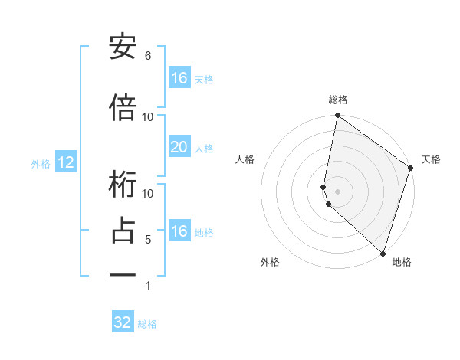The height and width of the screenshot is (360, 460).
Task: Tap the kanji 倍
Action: [123, 108]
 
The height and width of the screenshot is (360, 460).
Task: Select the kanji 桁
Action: [123, 185]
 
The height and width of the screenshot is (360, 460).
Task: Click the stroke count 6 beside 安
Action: [148, 56]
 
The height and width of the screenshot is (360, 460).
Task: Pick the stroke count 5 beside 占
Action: [148, 240]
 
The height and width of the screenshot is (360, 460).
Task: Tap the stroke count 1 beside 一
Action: [148, 286]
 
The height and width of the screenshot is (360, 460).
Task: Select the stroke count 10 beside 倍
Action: [148, 116]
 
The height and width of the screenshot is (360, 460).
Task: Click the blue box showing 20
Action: [179, 147]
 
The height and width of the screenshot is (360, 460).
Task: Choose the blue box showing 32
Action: [123, 322]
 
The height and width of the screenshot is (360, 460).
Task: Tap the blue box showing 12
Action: [65, 162]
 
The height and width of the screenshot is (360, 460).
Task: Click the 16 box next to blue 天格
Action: [179, 78]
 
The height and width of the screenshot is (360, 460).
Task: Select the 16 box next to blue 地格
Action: [179, 231]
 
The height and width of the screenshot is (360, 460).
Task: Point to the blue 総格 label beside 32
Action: [147, 324]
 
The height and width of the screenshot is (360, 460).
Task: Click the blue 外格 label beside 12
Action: [41, 163]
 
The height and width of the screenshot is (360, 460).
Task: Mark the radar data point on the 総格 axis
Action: [337, 116]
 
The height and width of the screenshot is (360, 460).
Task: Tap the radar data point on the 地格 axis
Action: [383, 254]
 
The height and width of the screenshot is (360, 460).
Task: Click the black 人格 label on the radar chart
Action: [245, 159]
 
